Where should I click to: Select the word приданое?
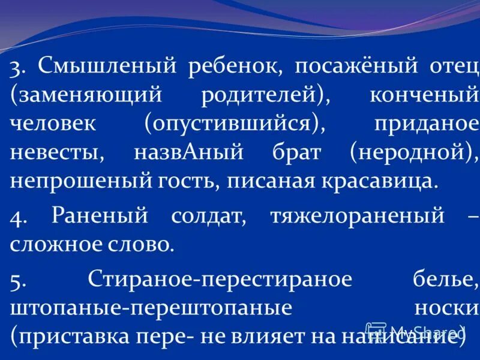click(x=427, y=123)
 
